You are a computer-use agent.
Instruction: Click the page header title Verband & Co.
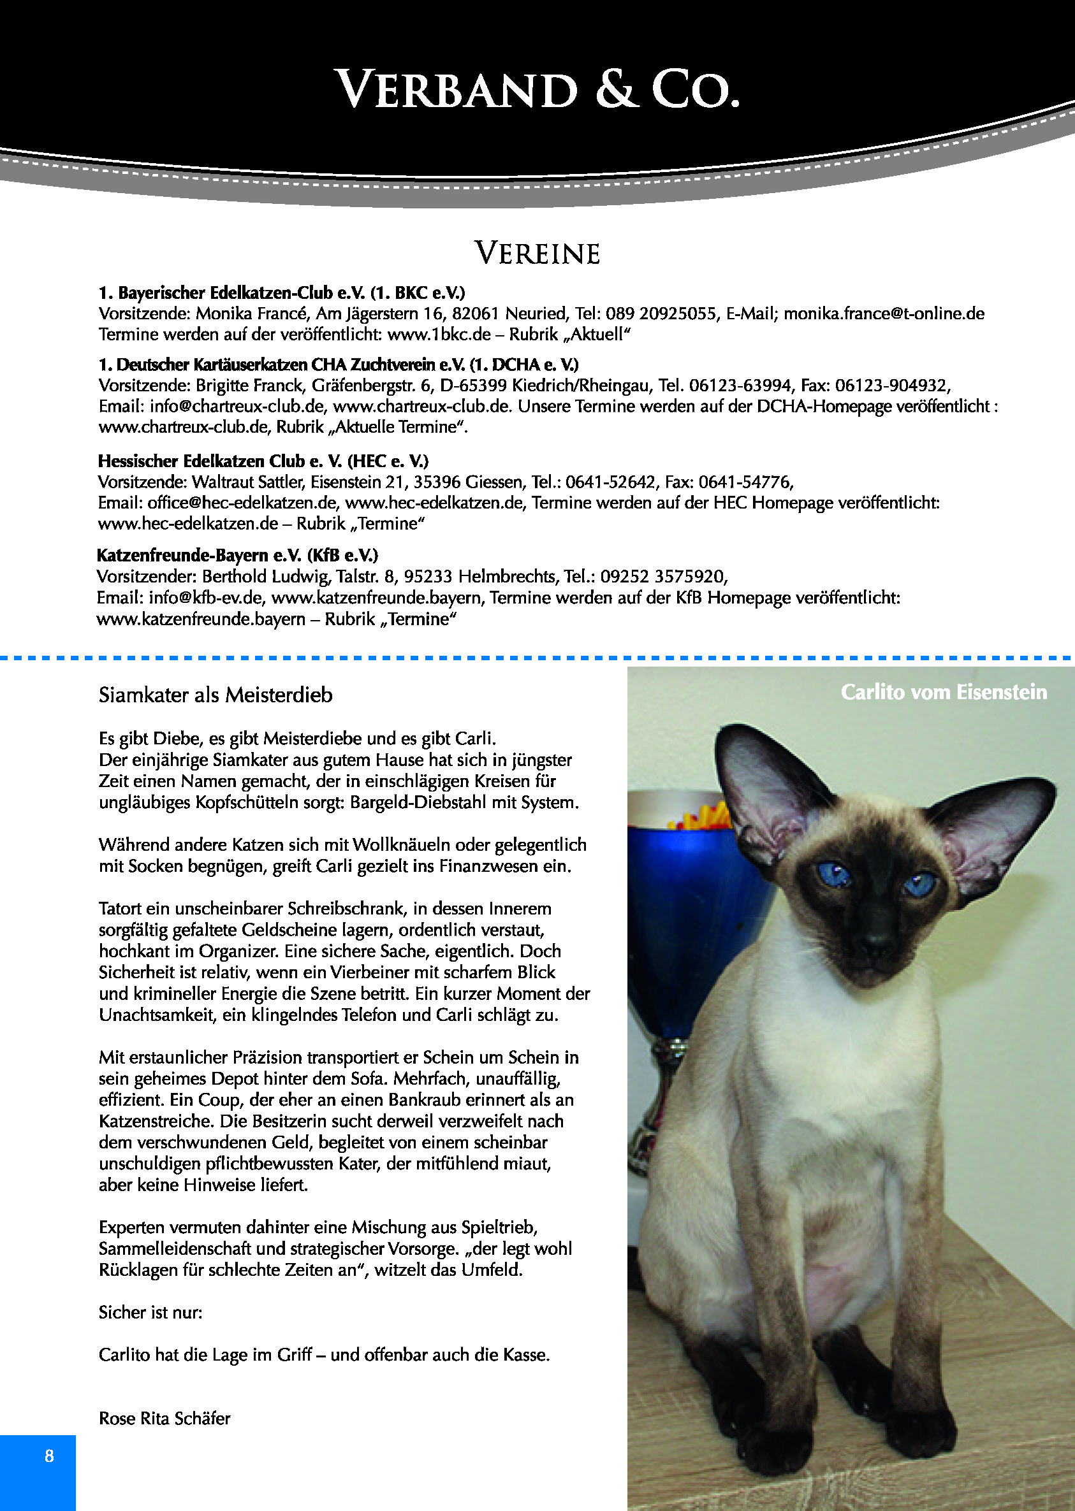(x=537, y=89)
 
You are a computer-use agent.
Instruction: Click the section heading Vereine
(x=537, y=254)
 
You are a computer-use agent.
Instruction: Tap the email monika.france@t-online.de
(x=884, y=313)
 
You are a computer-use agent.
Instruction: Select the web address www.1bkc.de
(x=439, y=334)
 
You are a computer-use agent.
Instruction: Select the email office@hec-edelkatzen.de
(x=243, y=502)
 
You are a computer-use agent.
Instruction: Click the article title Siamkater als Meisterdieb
(x=215, y=695)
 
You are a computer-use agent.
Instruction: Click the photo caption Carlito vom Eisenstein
(x=943, y=692)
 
